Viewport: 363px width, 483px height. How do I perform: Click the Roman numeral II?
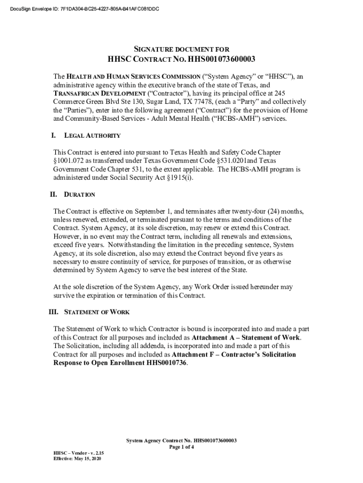click(54, 194)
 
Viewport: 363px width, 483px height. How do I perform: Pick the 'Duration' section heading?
click(80, 195)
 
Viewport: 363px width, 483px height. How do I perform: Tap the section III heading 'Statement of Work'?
click(97, 312)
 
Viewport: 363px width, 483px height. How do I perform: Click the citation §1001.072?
click(71, 161)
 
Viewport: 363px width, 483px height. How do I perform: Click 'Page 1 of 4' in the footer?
click(181, 447)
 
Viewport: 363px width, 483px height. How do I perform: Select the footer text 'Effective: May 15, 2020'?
click(76, 458)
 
